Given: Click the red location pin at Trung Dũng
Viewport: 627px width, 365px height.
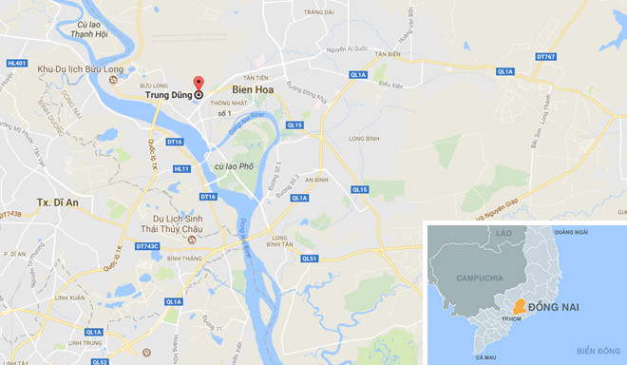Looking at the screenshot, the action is coord(199,83).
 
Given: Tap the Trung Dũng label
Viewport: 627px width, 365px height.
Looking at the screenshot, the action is coord(169,95).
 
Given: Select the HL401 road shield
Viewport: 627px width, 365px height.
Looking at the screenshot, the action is coord(16,64).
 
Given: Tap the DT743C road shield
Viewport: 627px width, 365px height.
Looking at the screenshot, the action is coord(147,246).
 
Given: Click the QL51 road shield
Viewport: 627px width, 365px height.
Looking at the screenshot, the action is coord(309,258).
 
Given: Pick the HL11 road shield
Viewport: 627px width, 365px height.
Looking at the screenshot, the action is coord(181,168).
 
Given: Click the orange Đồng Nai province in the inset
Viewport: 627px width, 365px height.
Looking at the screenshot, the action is coord(518,307).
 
